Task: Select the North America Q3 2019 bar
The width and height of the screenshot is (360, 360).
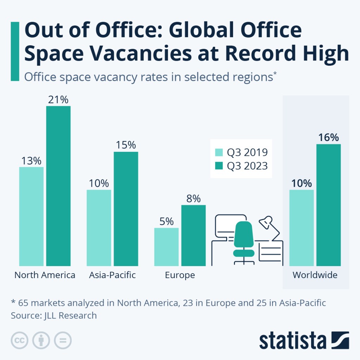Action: [x=31, y=216]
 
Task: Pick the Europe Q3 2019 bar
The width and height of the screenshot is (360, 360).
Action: [x=166, y=246]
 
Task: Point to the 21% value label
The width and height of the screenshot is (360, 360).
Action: [x=58, y=100]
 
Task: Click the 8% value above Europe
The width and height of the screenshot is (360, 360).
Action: [x=193, y=199]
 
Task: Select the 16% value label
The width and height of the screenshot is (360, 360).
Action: [x=328, y=137]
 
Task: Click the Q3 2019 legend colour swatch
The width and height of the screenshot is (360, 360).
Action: [x=219, y=153]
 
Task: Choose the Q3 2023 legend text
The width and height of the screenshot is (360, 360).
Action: [x=247, y=166]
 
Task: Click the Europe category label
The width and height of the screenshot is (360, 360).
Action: [x=180, y=275]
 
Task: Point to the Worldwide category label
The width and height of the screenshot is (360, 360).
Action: [x=315, y=275]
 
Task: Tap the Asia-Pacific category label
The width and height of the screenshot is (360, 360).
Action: [x=112, y=275]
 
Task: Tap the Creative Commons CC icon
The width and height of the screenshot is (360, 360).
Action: [x=20, y=340]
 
